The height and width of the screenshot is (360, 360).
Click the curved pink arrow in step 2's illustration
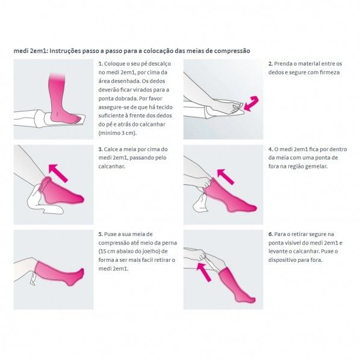(x=251, y=104)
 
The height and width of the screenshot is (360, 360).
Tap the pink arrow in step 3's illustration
(x=58, y=173)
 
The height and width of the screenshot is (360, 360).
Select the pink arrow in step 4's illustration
(x=226, y=176)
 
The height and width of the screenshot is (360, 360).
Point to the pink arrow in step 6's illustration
(x=204, y=272)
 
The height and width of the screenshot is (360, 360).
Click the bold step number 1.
(x=101, y=64)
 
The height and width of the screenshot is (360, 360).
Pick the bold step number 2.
(x=270, y=64)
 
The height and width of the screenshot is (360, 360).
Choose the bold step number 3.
(x=101, y=149)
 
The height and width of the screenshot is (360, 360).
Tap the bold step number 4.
(x=271, y=149)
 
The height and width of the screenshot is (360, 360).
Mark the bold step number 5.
(x=101, y=234)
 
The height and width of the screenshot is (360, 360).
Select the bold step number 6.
(x=271, y=234)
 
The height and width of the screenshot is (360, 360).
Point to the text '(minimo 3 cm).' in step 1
(x=117, y=133)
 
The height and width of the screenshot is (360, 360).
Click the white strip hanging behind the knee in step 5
(x=33, y=278)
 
